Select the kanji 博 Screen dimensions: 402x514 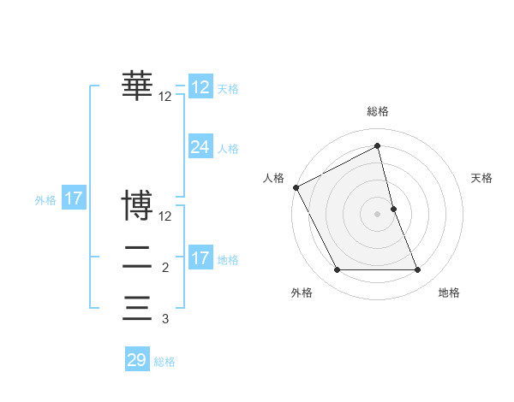(137, 206)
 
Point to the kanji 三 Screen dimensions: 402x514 (137, 307)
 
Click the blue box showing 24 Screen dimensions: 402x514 (200, 147)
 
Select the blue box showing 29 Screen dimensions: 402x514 (137, 360)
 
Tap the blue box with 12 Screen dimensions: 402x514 (200, 87)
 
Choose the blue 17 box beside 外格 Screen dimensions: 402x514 (74, 199)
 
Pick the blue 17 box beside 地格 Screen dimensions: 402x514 (200, 258)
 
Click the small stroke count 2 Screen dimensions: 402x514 (165, 268)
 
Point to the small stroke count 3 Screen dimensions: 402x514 (165, 318)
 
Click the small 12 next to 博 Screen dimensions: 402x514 (165, 217)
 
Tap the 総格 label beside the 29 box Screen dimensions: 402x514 (164, 362)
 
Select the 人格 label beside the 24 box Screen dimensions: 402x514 (228, 149)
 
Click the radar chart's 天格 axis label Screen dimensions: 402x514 (482, 178)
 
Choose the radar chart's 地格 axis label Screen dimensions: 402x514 (449, 293)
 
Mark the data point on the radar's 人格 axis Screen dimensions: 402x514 (296, 187)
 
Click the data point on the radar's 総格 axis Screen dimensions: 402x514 (378, 145)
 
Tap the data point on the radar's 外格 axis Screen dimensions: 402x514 (337, 270)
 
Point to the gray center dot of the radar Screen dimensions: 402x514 (378, 214)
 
